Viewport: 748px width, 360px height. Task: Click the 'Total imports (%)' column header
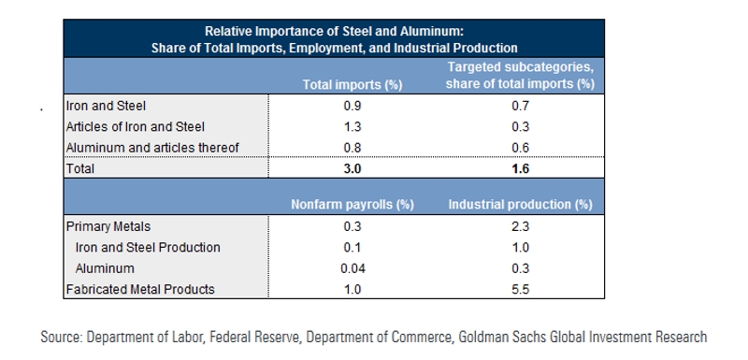[x=352, y=85]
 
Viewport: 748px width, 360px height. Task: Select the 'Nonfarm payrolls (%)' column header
[x=352, y=203]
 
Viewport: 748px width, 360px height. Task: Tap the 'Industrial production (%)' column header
[x=522, y=203]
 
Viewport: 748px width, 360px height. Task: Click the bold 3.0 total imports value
[x=352, y=169]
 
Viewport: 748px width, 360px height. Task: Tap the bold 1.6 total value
[x=521, y=169]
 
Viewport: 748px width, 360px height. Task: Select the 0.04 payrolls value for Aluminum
[x=352, y=268]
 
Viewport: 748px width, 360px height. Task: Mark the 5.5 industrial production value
[x=521, y=289]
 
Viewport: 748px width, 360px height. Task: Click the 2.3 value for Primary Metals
[x=521, y=226]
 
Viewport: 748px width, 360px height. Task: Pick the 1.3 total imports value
[x=352, y=127]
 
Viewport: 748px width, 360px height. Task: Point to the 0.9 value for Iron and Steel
[x=352, y=107]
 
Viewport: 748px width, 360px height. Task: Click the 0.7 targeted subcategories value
[x=521, y=107]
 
